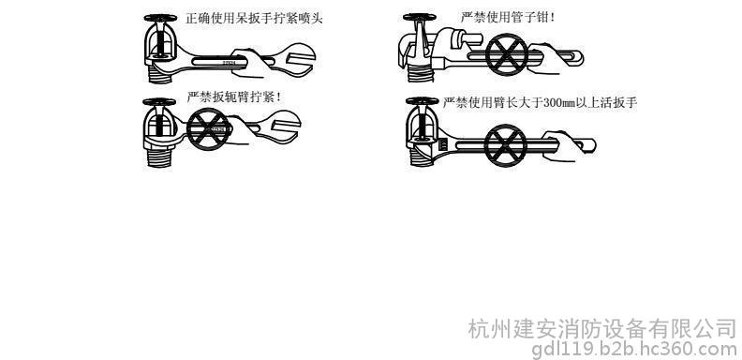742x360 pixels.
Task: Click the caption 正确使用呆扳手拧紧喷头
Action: point(254,20)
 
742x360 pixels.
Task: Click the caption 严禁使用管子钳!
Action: point(508,18)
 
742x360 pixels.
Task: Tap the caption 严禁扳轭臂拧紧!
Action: point(234,97)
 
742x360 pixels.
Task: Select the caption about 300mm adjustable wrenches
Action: point(540,102)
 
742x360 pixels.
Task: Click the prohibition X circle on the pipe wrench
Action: point(506,54)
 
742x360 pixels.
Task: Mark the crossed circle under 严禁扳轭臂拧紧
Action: point(208,129)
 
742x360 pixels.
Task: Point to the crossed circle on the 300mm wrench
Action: point(505,145)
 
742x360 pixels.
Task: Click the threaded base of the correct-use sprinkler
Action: point(160,74)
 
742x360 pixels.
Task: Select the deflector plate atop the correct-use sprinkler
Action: point(160,18)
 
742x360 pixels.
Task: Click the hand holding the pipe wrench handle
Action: point(550,59)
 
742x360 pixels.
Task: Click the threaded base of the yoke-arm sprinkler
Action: point(159,157)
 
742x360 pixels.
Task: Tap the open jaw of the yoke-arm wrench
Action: point(283,126)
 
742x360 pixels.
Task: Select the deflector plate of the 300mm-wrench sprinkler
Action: point(423,100)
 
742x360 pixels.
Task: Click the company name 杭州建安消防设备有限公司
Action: point(601,329)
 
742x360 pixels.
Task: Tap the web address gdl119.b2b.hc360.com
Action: point(634,350)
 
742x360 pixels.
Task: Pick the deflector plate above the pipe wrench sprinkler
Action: point(420,17)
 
